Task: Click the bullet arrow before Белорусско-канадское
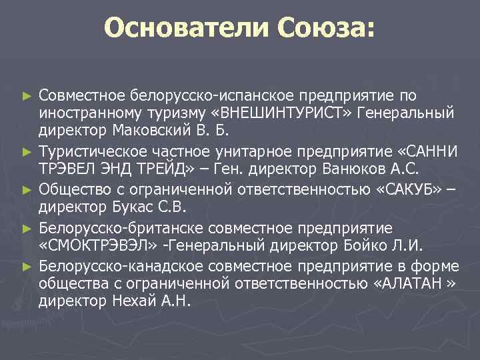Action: click(27, 267)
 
